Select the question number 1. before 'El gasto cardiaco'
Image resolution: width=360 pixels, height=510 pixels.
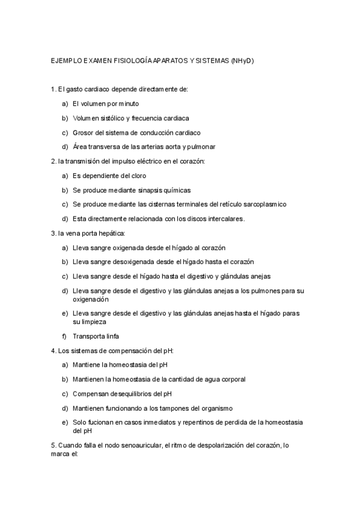[x=53, y=90]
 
